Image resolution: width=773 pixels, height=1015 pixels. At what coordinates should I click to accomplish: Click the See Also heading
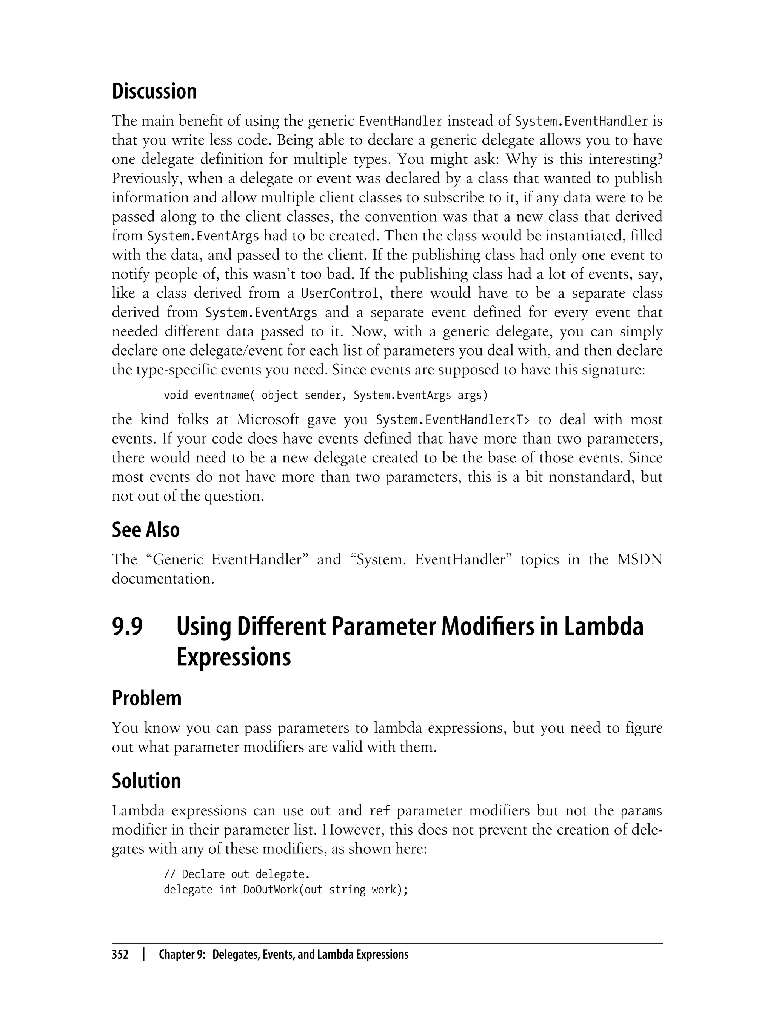(145, 530)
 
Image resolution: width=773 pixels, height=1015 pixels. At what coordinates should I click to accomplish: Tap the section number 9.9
(128, 627)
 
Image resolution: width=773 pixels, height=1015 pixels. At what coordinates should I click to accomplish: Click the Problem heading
(146, 698)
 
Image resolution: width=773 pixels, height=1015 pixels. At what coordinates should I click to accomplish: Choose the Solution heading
(146, 781)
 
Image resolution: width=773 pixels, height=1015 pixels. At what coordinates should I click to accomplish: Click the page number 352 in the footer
(120, 955)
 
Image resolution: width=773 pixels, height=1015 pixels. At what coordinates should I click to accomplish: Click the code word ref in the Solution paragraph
(379, 811)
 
